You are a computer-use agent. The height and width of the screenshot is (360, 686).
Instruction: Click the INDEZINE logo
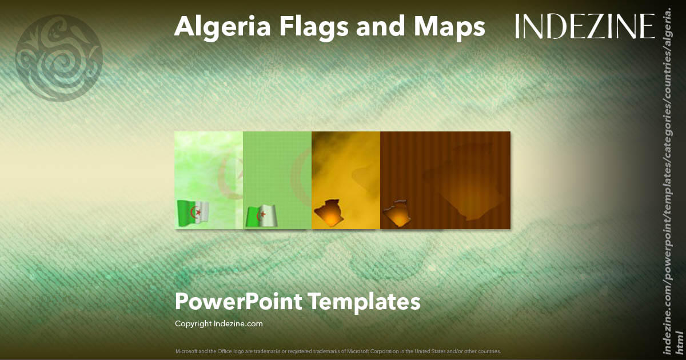(585, 26)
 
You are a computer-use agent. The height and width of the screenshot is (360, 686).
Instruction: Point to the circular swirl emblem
(59, 58)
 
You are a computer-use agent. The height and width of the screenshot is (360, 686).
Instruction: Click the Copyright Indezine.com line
(219, 323)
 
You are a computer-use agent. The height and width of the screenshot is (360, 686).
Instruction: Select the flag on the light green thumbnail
(193, 213)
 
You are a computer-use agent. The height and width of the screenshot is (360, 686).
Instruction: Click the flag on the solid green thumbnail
(262, 216)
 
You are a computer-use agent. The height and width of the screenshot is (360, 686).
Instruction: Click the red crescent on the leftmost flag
(196, 213)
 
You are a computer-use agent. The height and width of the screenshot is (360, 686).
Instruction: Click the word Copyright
(192, 323)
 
